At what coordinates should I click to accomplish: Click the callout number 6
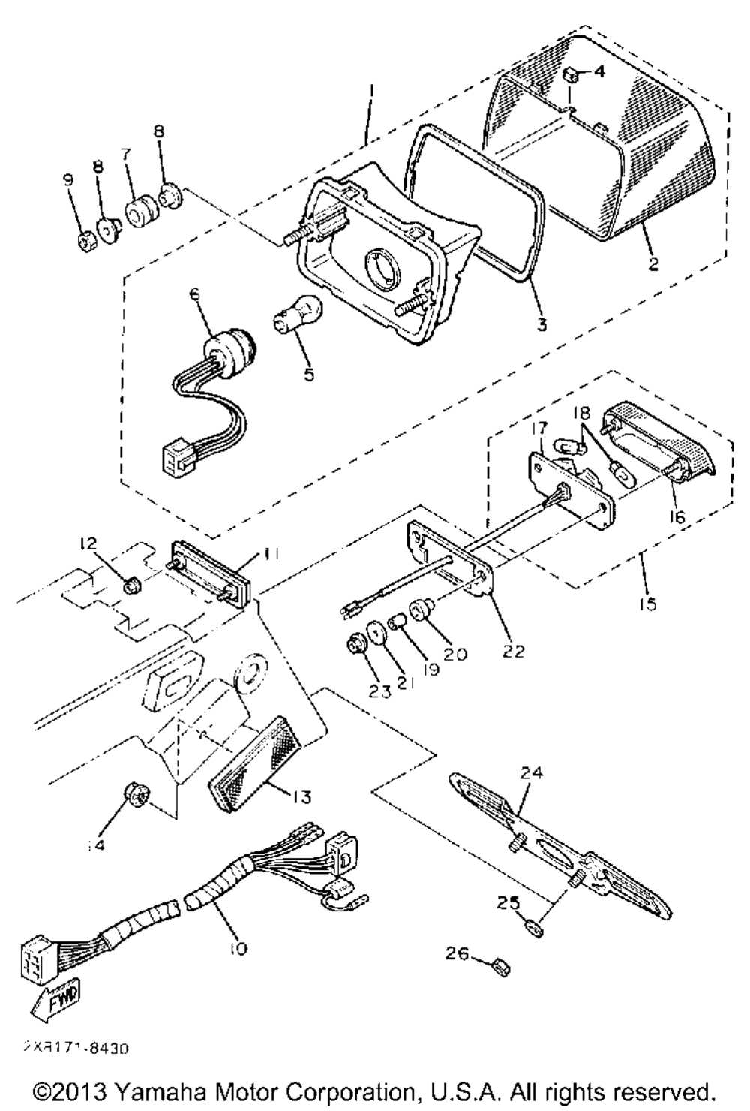(x=196, y=296)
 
